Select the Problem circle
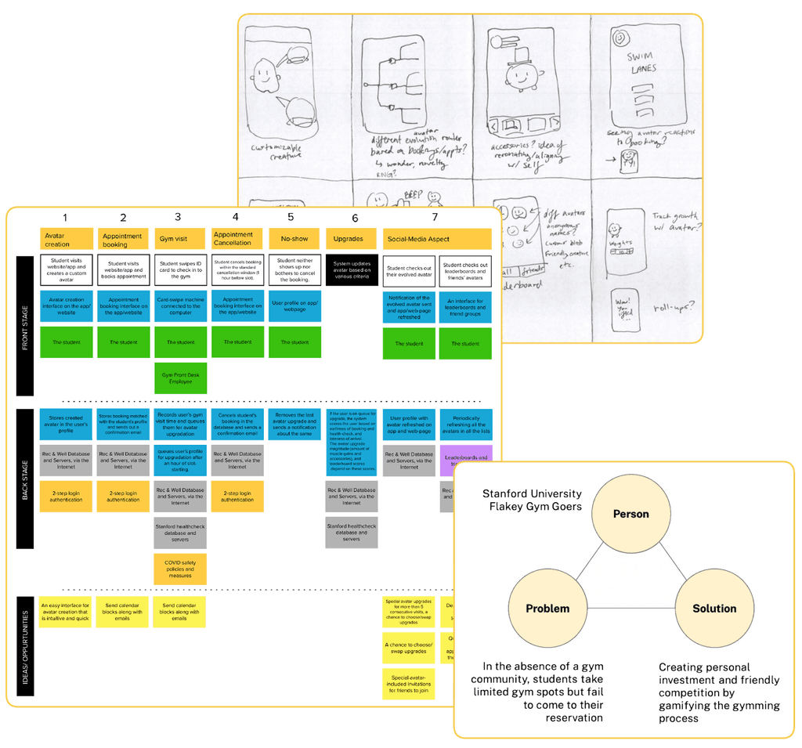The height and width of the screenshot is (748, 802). click(x=547, y=609)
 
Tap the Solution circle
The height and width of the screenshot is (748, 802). click(x=713, y=609)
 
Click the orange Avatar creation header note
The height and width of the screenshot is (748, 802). click(x=66, y=239)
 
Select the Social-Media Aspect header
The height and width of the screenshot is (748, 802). click(x=436, y=239)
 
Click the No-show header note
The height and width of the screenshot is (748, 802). click(x=294, y=239)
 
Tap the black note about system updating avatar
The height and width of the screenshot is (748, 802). click(x=352, y=270)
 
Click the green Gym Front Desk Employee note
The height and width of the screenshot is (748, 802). click(x=180, y=378)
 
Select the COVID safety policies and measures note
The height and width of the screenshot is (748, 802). click(x=180, y=569)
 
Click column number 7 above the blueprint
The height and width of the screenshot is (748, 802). click(x=436, y=217)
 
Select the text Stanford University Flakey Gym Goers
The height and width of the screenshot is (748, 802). click(x=532, y=500)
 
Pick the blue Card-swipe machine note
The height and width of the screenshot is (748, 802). click(x=180, y=305)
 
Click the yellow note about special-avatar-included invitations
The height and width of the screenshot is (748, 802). click(x=408, y=684)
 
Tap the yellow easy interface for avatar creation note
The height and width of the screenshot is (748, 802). click(x=66, y=612)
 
